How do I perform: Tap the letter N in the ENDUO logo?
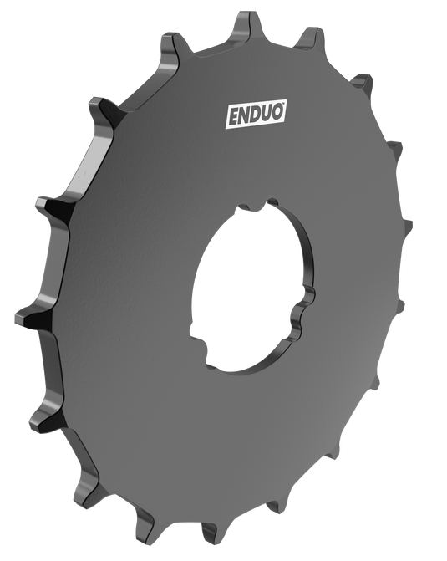[245, 115]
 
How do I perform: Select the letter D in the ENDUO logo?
[257, 114]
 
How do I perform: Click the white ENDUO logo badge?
[257, 114]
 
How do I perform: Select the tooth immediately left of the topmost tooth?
[176, 42]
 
